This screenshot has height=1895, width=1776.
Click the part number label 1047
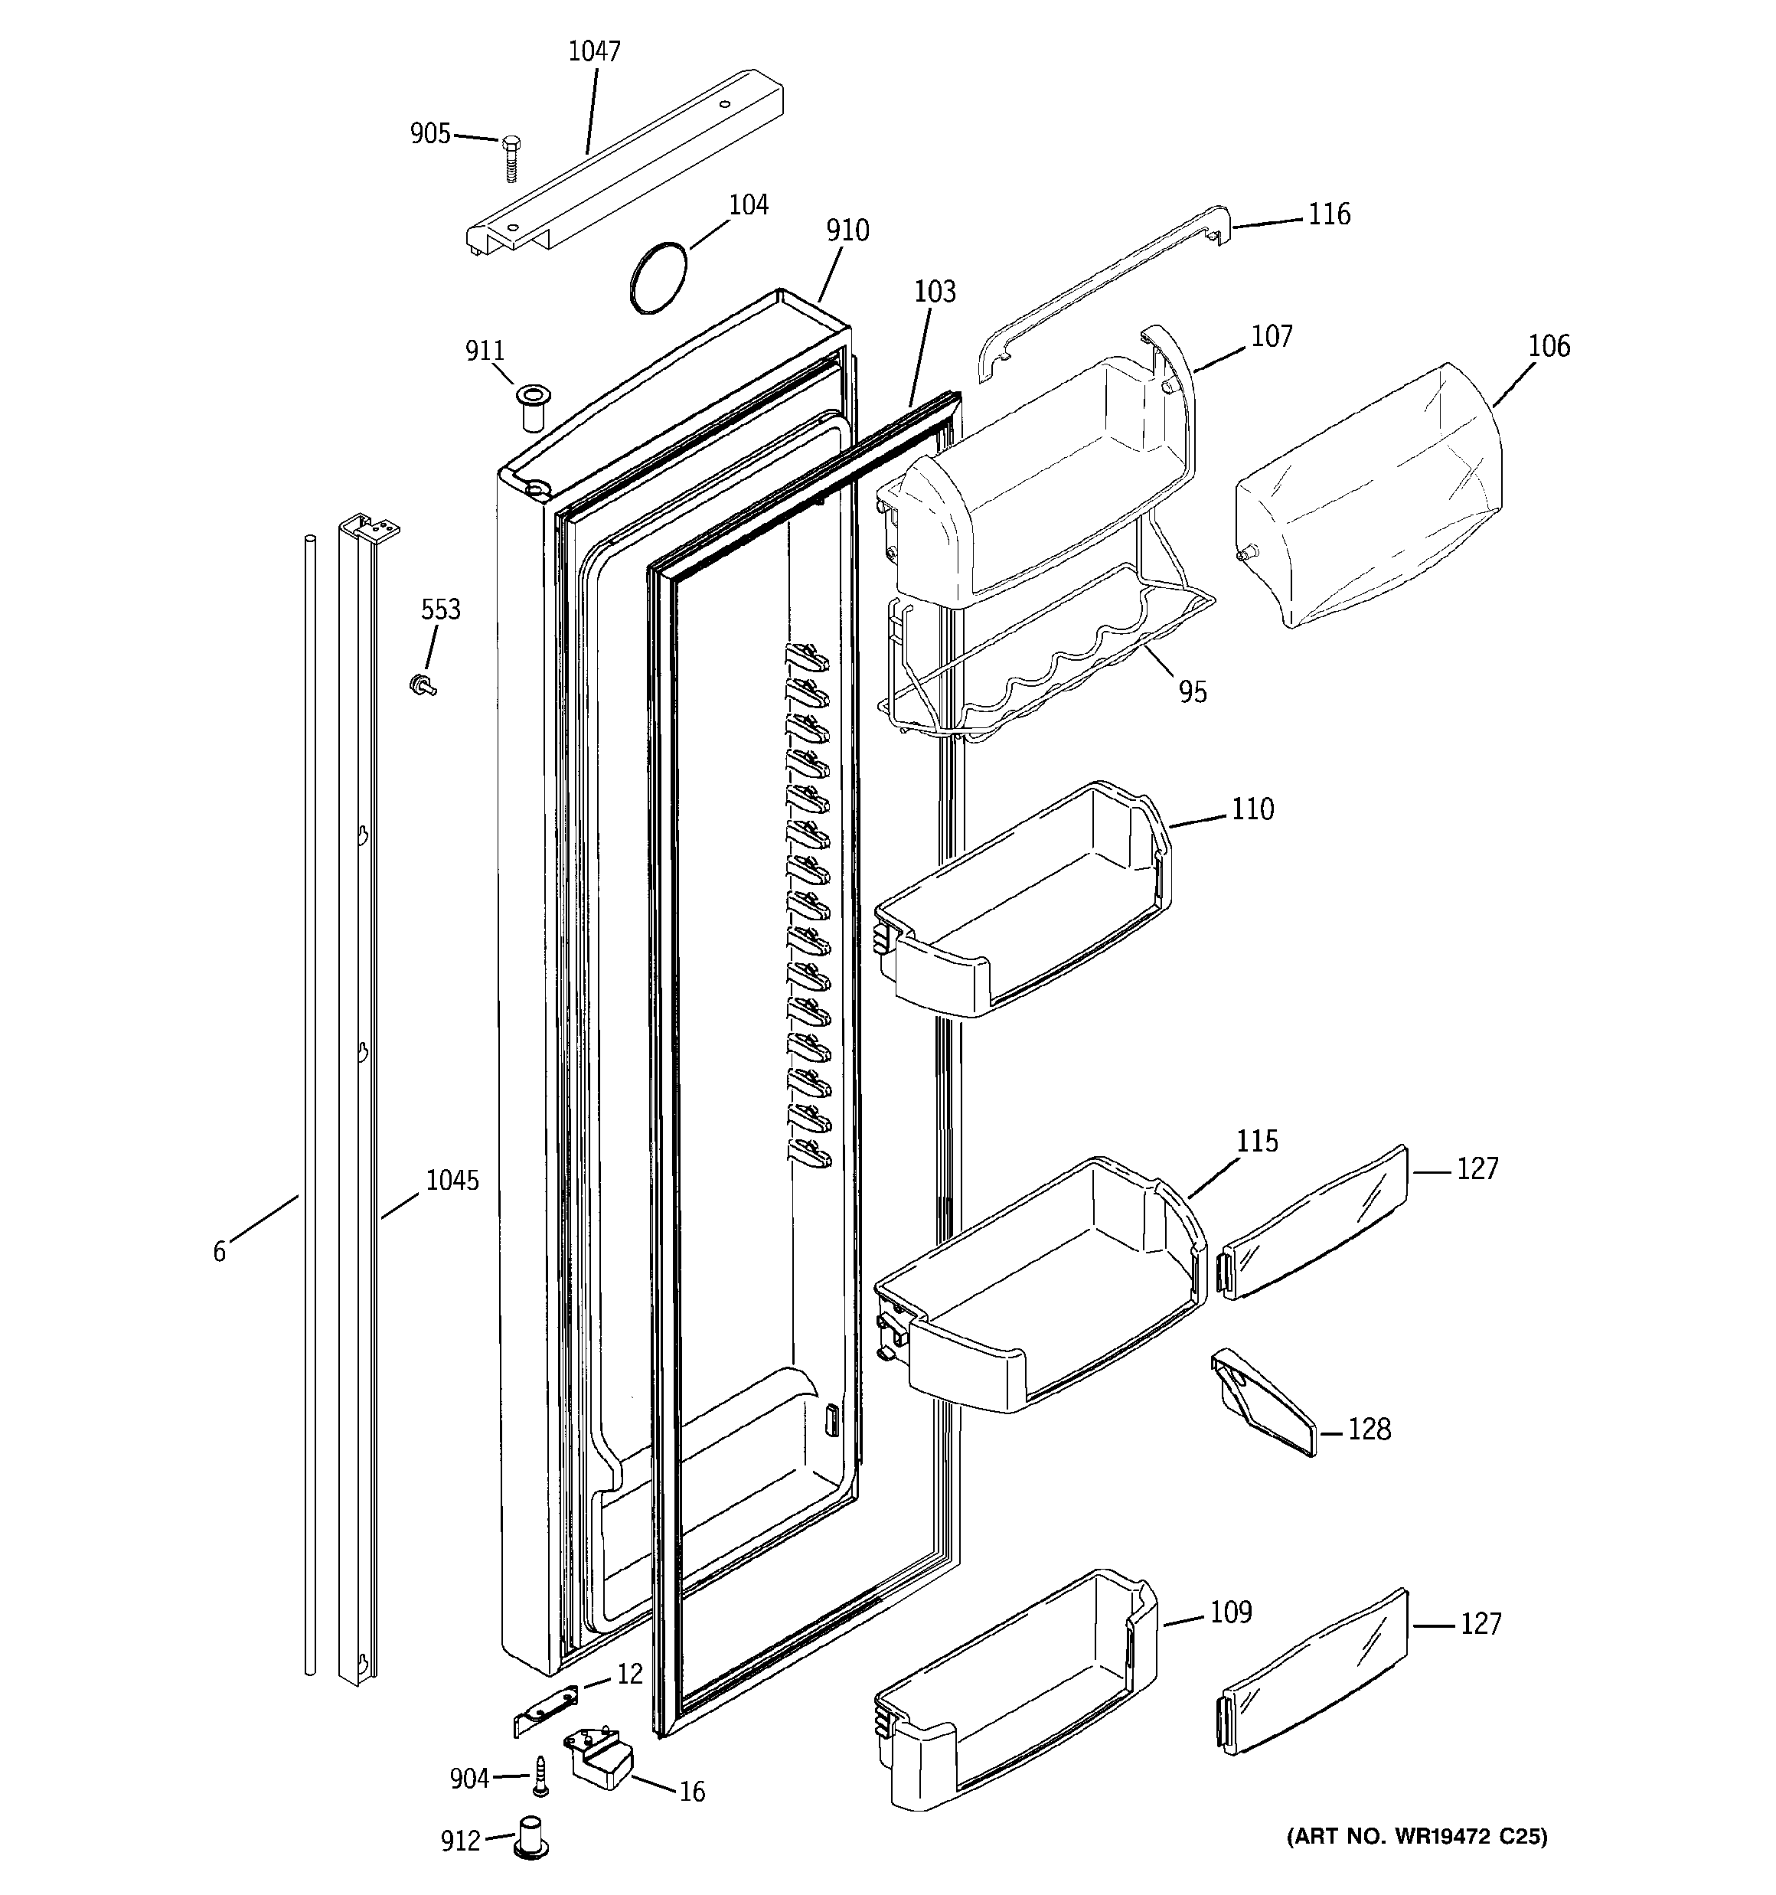[x=594, y=51]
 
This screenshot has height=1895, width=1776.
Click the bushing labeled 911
[x=531, y=406]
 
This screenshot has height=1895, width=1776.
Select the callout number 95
[x=1193, y=692]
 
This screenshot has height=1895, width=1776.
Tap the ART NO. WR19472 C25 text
[x=1417, y=1836]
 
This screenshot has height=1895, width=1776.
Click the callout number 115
[x=1256, y=1141]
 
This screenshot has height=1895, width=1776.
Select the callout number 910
[x=847, y=230]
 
